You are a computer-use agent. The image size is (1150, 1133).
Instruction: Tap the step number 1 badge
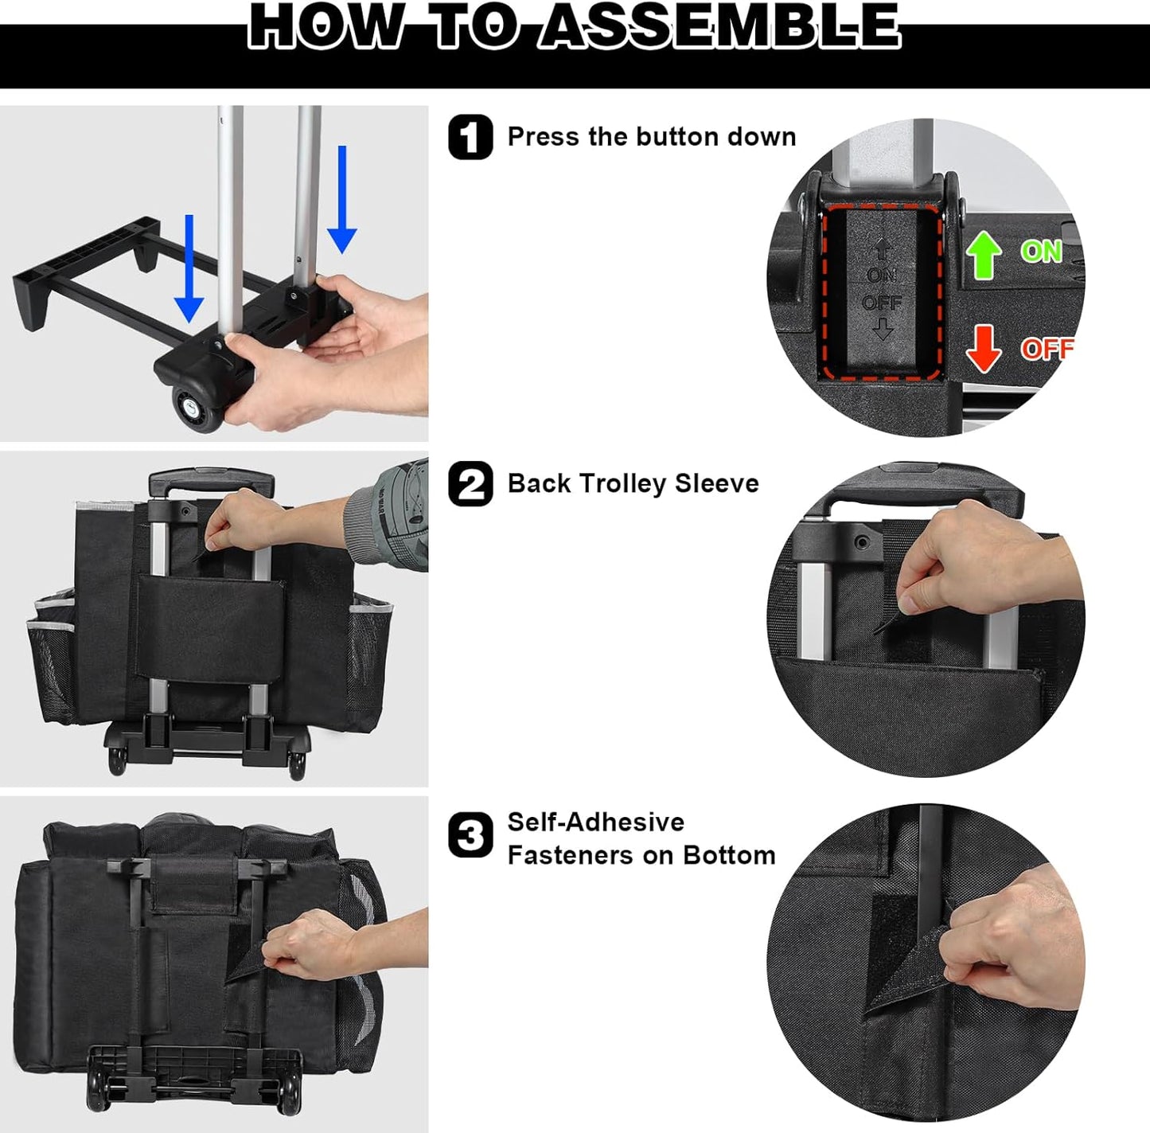point(470,137)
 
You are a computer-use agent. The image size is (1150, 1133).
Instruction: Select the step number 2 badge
point(470,483)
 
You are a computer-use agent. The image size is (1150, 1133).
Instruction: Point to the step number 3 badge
point(470,834)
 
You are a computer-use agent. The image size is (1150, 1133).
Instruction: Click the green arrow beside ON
point(984,255)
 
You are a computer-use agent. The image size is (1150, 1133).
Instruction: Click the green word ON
point(1042,252)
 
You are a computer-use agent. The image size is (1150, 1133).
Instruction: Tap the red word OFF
point(1047,349)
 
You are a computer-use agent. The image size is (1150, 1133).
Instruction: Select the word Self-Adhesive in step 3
point(595,822)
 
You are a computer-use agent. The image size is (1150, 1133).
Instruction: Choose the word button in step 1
point(676,137)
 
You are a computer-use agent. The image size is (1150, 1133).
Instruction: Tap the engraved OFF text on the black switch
point(882,303)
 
